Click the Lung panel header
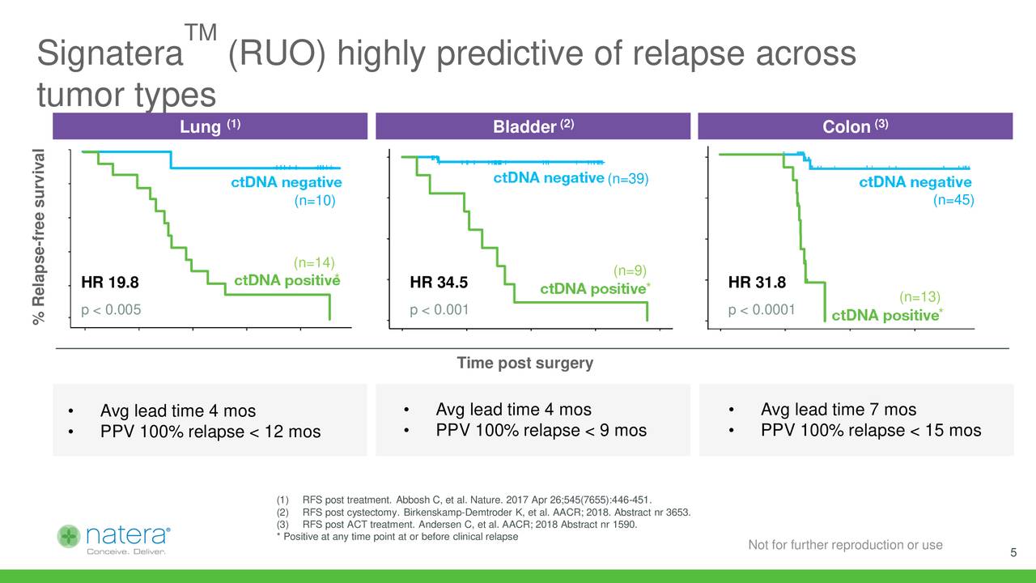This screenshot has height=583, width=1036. pyautogui.click(x=210, y=127)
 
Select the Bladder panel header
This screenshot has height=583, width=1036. pyautogui.click(x=533, y=127)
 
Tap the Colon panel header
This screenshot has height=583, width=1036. pyautogui.click(x=856, y=127)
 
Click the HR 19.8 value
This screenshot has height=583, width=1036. pyautogui.click(x=110, y=283)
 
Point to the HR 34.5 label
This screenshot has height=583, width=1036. pyautogui.click(x=439, y=283)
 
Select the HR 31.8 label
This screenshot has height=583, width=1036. pyautogui.click(x=757, y=283)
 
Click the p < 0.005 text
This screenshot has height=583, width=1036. pyautogui.click(x=112, y=309)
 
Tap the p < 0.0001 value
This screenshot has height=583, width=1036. pyautogui.click(x=762, y=309)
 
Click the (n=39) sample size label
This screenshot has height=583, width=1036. pyautogui.click(x=629, y=179)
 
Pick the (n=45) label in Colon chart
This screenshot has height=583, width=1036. pyautogui.click(x=956, y=200)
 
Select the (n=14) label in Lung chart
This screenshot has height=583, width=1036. pyautogui.click(x=314, y=262)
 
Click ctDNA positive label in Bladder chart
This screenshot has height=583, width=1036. pyautogui.click(x=592, y=289)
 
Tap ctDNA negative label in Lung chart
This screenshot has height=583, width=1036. pyautogui.click(x=287, y=183)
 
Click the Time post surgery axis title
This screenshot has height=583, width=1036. pyautogui.click(x=524, y=363)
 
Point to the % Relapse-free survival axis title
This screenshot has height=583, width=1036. pyautogui.click(x=40, y=238)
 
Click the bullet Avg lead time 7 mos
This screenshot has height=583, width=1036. pyautogui.click(x=839, y=410)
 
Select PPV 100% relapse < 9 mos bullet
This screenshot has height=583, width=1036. pyautogui.click(x=541, y=430)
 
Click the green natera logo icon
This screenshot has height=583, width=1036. pyautogui.click(x=70, y=536)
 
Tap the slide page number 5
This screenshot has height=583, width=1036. pyautogui.click(x=1013, y=553)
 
